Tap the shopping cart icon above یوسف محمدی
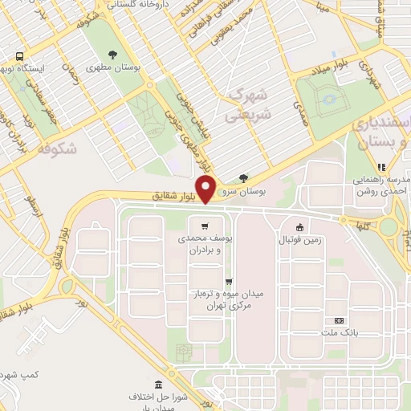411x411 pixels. pos(206,226)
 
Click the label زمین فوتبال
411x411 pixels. pos(299,240)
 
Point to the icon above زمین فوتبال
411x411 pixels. pos(299,226)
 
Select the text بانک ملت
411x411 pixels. pos(339,332)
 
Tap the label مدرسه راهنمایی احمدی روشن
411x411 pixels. pos(380,185)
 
